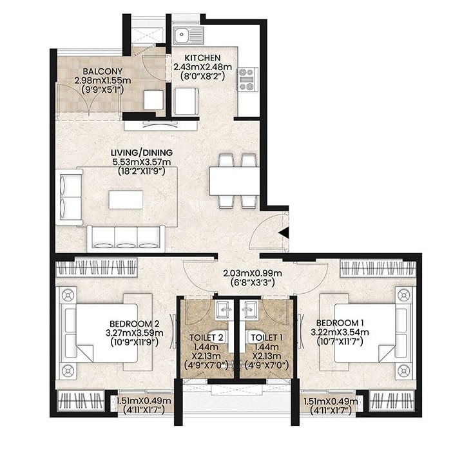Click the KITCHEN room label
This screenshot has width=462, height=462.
click(202, 58)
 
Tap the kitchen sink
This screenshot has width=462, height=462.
click(189, 35)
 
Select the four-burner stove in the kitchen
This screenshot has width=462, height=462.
click(247, 79)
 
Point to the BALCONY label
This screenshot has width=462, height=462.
click(102, 72)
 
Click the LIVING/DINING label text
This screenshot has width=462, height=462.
click(142, 153)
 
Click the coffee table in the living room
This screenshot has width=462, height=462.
click(126, 200)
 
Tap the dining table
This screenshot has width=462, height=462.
click(235, 181)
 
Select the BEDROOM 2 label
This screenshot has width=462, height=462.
click(135, 324)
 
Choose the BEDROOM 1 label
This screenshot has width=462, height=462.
click(340, 323)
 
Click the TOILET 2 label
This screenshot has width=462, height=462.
click(206, 338)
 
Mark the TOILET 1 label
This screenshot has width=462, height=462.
click(267, 338)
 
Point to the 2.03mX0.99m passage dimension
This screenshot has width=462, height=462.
click(253, 273)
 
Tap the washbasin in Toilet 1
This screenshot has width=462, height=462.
click(249, 311)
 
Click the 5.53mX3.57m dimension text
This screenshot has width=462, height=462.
click(142, 162)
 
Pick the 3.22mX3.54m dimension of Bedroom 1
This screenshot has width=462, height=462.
click(340, 332)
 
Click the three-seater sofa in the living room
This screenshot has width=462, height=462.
click(126, 239)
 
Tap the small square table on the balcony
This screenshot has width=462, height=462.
click(153, 100)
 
